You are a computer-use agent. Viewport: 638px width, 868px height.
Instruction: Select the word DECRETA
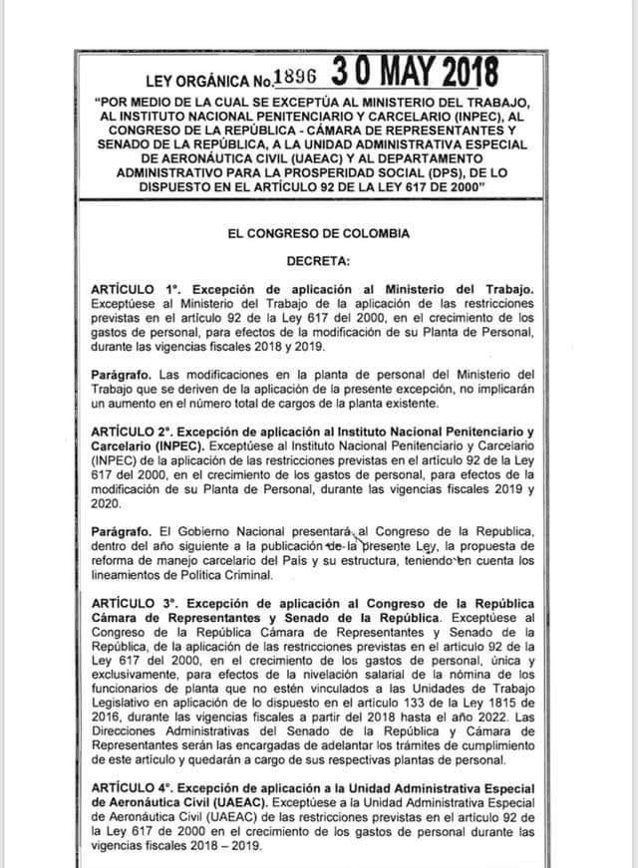tap(318, 261)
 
